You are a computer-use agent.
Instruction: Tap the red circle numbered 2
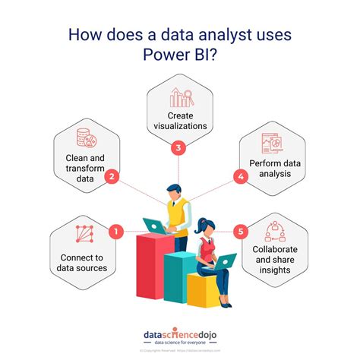pyautogui.click(x=112, y=178)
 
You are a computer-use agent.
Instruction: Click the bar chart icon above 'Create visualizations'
pyautogui.click(x=181, y=97)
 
